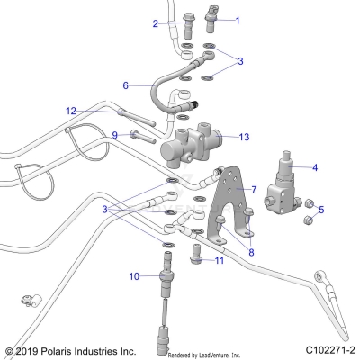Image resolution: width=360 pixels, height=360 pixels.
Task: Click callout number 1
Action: tap(238, 19)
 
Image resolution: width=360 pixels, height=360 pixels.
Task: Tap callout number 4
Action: tap(314, 167)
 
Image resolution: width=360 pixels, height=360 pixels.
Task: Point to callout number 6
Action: tap(126, 85)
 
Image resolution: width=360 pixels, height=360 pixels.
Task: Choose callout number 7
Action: tap(255, 190)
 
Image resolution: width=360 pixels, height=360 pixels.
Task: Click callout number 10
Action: tap(133, 275)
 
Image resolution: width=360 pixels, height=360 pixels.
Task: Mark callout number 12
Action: tap(95, 111)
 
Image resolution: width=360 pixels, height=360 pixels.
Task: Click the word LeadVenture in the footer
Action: tap(210, 355)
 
